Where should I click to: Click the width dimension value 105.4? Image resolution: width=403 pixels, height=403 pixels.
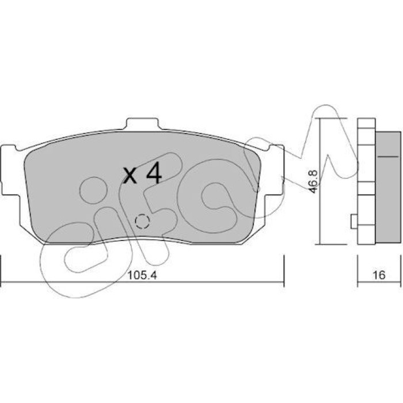coord(142,275)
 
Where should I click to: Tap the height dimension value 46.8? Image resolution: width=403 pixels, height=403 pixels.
coord(314,181)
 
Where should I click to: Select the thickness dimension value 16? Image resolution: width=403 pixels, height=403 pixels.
coord(379,275)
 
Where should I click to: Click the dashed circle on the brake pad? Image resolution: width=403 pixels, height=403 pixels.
coord(142,221)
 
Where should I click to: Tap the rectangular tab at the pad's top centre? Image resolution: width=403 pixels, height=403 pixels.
coord(142,124)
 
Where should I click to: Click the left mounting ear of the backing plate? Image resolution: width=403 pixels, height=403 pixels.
coord(10,171)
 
